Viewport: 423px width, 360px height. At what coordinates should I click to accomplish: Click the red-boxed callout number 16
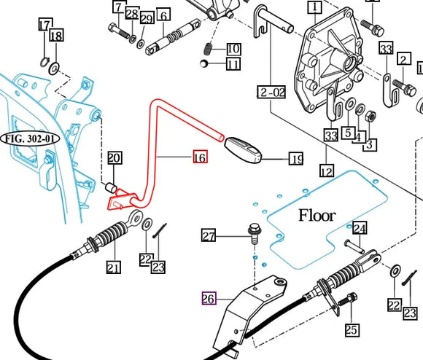201,157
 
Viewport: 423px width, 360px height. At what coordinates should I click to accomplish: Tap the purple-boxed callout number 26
209,298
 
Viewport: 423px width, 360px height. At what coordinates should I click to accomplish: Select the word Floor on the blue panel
317,216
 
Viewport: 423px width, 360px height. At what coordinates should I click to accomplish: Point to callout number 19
296,159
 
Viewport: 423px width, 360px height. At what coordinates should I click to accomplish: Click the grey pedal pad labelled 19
244,149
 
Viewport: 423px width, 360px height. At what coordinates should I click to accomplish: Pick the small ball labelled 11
203,63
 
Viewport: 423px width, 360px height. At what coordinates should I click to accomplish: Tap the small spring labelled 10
207,49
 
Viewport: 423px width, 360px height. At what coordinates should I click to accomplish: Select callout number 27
209,236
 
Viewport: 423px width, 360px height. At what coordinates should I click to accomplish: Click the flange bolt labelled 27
253,233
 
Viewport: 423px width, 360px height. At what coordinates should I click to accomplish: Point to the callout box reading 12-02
271,92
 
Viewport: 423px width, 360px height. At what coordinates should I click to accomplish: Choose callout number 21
114,267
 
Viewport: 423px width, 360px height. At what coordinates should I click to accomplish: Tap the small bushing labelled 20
111,187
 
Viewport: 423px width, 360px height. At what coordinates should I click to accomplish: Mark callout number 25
352,330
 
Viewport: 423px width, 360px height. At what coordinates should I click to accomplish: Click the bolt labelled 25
348,299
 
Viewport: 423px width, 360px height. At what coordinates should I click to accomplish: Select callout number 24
360,228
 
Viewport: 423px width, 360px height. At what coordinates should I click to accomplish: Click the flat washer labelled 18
54,69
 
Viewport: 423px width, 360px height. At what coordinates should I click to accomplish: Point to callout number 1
315,7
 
